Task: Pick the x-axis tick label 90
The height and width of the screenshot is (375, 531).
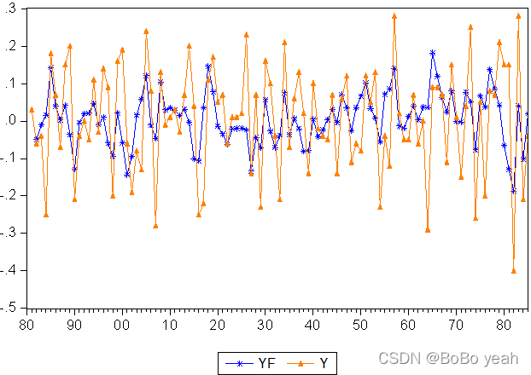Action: pyautogui.click(x=73, y=326)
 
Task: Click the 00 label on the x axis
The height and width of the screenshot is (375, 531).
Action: pyautogui.click(x=121, y=326)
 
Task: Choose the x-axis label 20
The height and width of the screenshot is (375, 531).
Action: pyautogui.click(x=217, y=326)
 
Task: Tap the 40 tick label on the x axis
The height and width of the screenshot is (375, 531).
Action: pyautogui.click(x=312, y=326)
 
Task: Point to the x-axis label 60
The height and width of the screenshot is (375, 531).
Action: pyautogui.click(x=408, y=326)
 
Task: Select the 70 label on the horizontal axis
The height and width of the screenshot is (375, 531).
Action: pyautogui.click(x=456, y=326)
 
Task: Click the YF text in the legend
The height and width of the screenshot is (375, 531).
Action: pyautogui.click(x=266, y=364)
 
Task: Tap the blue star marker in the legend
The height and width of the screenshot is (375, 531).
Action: pyautogui.click(x=239, y=364)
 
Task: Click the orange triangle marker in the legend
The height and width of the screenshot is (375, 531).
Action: pyautogui.click(x=300, y=364)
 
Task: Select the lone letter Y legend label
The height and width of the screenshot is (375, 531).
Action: pyautogui.click(x=324, y=364)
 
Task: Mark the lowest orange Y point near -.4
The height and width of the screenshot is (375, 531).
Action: pyautogui.click(x=514, y=271)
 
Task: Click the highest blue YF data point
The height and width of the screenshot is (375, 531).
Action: pyautogui.click(x=433, y=53)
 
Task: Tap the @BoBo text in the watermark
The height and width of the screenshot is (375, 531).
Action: pyautogui.click(x=452, y=359)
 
